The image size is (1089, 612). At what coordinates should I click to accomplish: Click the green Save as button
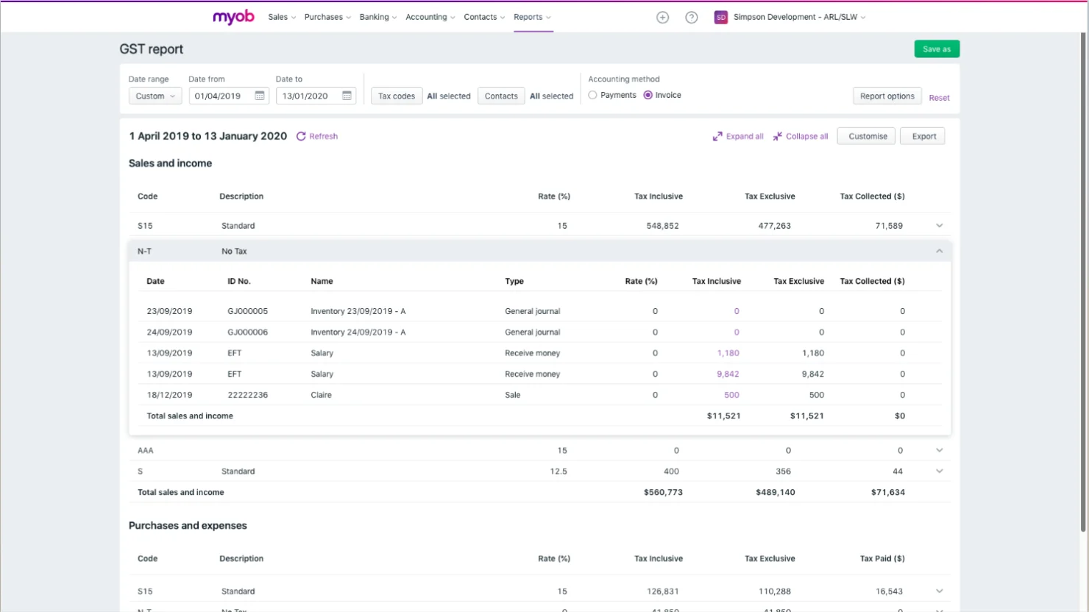[936, 49]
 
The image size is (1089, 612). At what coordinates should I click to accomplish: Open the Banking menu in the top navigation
[377, 17]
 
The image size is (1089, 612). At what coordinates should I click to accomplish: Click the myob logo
[233, 17]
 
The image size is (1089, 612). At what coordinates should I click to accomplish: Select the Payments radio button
[593, 95]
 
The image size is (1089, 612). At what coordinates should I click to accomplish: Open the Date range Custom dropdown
[155, 96]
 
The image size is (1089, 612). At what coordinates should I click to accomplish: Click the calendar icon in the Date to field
[347, 96]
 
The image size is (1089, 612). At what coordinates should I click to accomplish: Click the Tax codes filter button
[397, 96]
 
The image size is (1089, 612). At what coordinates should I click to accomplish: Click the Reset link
[939, 98]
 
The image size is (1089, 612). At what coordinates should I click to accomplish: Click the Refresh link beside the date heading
[317, 136]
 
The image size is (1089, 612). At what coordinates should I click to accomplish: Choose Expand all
[738, 136]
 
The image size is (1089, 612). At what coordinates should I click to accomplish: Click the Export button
[923, 136]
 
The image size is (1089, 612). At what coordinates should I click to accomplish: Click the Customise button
[868, 136]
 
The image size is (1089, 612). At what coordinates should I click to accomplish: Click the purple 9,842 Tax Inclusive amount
[728, 374]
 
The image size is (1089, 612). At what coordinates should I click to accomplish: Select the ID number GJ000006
[247, 332]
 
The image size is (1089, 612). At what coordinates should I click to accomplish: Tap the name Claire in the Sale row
[321, 395]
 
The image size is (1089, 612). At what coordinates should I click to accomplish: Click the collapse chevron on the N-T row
[939, 252]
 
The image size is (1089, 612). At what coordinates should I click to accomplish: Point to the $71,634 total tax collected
[887, 492]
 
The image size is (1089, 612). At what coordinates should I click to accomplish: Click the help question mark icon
[691, 18]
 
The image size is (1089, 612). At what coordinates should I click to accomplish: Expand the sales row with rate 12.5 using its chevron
[939, 472]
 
